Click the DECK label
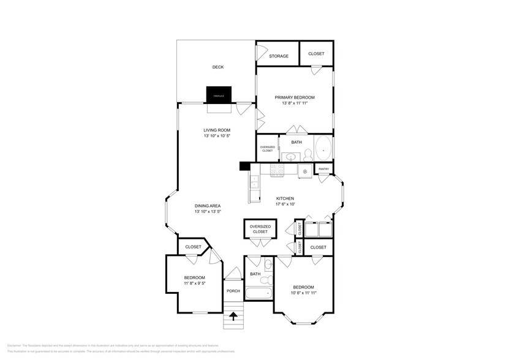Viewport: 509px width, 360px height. (217, 67)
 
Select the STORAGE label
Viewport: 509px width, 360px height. (279, 56)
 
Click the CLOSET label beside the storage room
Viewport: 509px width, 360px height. (316, 54)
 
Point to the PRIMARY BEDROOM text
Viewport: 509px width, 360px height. (295, 98)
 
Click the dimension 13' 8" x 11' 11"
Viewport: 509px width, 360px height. (295, 103)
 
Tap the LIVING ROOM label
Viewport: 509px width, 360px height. (217, 130)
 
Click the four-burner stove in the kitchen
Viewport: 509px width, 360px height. (276, 171)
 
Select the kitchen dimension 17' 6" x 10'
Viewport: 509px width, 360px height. (285, 204)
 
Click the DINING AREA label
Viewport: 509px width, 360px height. (208, 206)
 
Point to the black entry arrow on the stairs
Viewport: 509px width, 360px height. (233, 317)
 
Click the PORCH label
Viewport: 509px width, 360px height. (233, 291)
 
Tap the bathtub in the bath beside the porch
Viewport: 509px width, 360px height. (258, 294)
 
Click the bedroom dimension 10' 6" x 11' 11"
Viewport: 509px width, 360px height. (303, 293)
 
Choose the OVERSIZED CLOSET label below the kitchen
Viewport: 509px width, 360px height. (260, 230)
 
